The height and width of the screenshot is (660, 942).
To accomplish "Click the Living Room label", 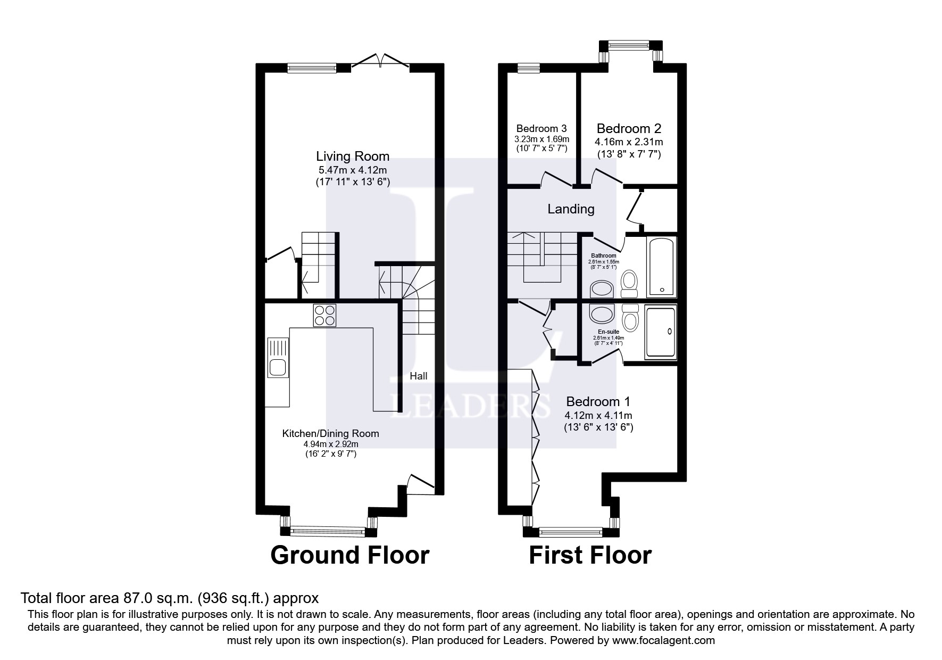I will [x=353, y=156].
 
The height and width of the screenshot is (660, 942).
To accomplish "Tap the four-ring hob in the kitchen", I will [x=324, y=315].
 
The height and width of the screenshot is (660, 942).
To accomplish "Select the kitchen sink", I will [x=277, y=367].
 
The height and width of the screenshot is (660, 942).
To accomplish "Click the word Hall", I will [x=419, y=376].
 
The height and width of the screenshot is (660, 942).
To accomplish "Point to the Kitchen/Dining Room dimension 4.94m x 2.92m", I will [x=330, y=444].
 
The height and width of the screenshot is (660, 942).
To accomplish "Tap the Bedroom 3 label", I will [x=541, y=128].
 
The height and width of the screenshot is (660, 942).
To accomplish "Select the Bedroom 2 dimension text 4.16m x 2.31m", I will [x=628, y=142].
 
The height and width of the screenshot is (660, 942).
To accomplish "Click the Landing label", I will [x=571, y=209].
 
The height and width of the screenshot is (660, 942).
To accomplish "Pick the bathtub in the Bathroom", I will [x=661, y=267].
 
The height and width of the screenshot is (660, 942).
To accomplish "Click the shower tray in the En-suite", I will [x=660, y=331].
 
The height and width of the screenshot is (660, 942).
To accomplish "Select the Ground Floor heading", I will [x=349, y=555].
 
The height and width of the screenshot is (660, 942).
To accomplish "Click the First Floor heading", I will [x=589, y=555].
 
